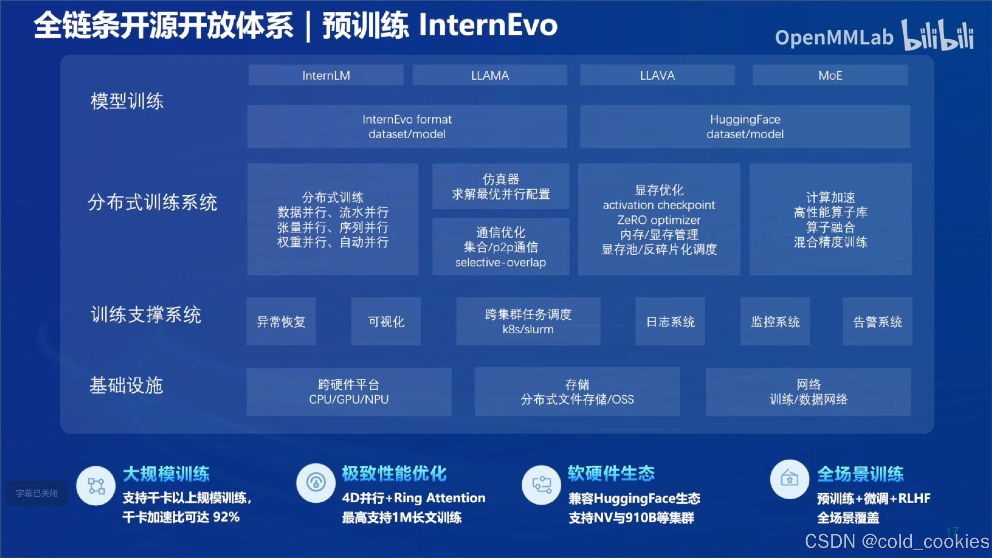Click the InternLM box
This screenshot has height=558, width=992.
tap(326, 75)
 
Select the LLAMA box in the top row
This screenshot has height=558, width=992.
tap(490, 75)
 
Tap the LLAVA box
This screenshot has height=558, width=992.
tap(657, 75)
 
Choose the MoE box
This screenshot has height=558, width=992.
tap(830, 75)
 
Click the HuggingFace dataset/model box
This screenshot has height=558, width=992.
tap(745, 126)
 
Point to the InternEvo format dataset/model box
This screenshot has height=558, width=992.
tap(407, 126)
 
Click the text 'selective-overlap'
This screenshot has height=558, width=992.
tap(500, 263)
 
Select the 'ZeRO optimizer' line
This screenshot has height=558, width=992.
tap(659, 220)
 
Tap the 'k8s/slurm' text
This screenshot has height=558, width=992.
tap(528, 329)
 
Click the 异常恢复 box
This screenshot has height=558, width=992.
tap(281, 322)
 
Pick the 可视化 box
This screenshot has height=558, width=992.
tap(386, 322)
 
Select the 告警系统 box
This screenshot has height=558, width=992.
tap(877, 322)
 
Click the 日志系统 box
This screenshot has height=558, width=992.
tap(670, 322)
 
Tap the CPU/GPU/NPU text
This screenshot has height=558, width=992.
tap(349, 400)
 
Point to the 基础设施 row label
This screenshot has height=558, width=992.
tap(126, 386)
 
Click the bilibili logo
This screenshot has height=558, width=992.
tap(938, 36)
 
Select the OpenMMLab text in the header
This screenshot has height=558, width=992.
tap(834, 38)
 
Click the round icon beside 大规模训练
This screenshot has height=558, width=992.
tap(96, 486)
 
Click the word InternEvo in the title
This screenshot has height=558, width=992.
tap(488, 25)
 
